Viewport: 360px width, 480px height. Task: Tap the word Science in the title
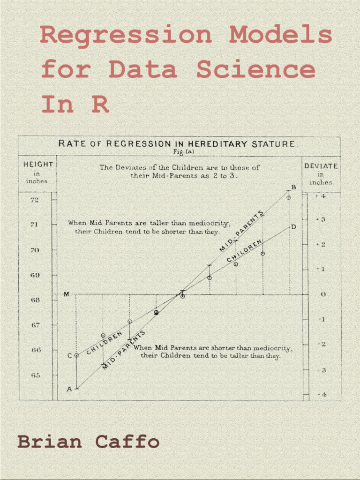[256, 70]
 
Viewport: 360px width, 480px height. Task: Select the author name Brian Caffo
[89, 442]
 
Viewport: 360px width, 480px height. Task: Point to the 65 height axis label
[35, 375]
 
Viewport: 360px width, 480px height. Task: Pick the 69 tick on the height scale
[35, 275]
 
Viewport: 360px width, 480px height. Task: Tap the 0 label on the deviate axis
[323, 294]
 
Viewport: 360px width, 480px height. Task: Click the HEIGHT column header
[38, 165]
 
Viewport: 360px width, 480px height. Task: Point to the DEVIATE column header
[321, 166]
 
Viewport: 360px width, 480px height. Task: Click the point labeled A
[69, 389]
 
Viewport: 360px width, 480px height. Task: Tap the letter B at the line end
[294, 187]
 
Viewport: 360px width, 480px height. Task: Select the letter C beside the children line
[69, 355]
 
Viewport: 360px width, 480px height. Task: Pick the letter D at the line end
[293, 227]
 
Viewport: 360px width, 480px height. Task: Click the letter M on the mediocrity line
[66, 294]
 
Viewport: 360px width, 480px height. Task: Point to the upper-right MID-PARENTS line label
[241, 231]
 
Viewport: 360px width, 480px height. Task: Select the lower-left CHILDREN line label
[104, 342]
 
